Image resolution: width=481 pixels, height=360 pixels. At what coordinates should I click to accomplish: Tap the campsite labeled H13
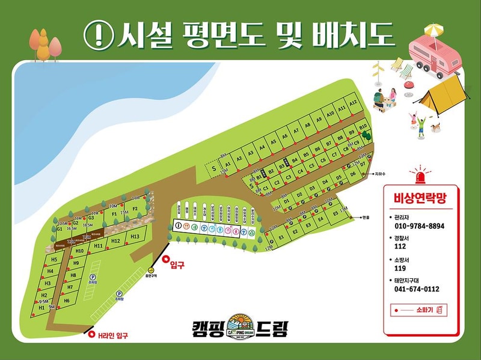134,237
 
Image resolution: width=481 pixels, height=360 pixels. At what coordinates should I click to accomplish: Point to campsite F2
135,209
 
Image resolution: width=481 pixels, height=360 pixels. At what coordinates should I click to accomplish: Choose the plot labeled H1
41,307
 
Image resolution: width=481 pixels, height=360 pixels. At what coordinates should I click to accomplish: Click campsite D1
287,201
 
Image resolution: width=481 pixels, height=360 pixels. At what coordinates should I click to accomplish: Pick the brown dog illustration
436,127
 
